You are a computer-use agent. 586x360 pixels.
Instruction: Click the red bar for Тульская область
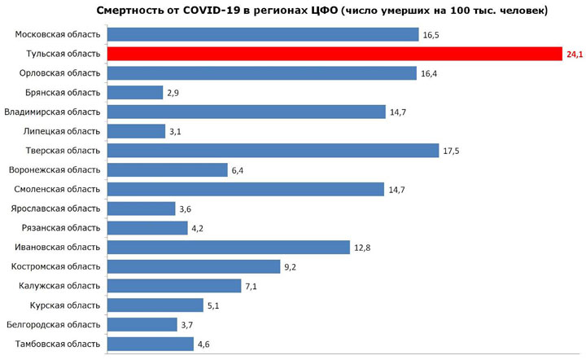pos(334,54)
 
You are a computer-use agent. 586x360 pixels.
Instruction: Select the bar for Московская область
pos(263,35)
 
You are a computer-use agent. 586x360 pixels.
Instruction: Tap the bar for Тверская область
pos(273,151)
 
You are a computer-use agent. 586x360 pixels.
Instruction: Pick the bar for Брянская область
pos(135,93)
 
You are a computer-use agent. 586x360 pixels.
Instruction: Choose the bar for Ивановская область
pos(229,247)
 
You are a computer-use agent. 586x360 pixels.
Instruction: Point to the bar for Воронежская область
pos(168,170)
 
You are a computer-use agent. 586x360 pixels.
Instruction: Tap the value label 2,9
pos(173,93)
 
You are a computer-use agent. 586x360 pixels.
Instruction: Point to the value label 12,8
pos(363,247)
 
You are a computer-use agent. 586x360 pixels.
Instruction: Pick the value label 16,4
pos(431,73)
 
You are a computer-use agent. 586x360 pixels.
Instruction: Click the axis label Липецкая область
pos(61,131)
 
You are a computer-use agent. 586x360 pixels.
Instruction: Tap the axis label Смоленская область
pos(55,189)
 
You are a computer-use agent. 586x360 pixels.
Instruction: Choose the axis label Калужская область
pos(59,285)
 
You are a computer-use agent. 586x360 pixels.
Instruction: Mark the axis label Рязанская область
pos(60,227)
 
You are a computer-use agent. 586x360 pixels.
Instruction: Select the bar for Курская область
pos(155,305)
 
